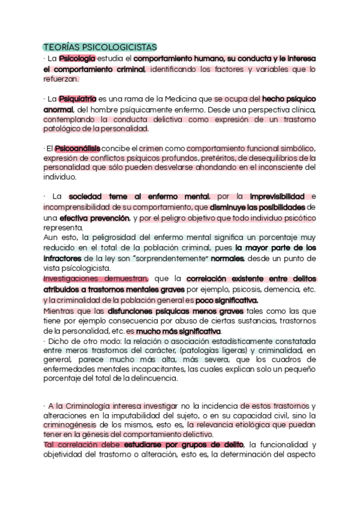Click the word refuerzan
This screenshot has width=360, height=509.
[x=58, y=79]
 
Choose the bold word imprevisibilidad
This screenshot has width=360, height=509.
[x=277, y=196]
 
